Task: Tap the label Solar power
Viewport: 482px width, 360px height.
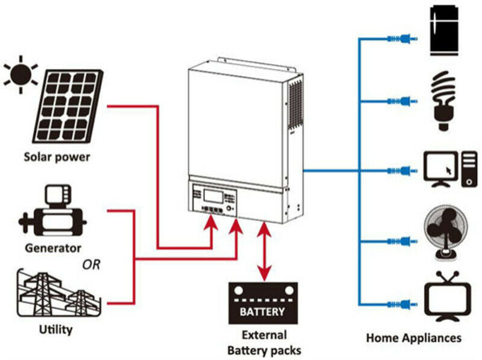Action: (x=57, y=157)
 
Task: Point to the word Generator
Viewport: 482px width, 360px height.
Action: (x=53, y=247)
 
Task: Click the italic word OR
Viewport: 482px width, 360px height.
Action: (x=92, y=265)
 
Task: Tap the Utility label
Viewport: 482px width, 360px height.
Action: (x=55, y=330)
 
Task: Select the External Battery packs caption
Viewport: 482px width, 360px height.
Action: (x=264, y=343)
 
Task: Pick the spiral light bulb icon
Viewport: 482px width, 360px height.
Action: (x=444, y=100)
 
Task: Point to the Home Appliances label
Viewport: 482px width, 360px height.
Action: (x=413, y=338)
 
